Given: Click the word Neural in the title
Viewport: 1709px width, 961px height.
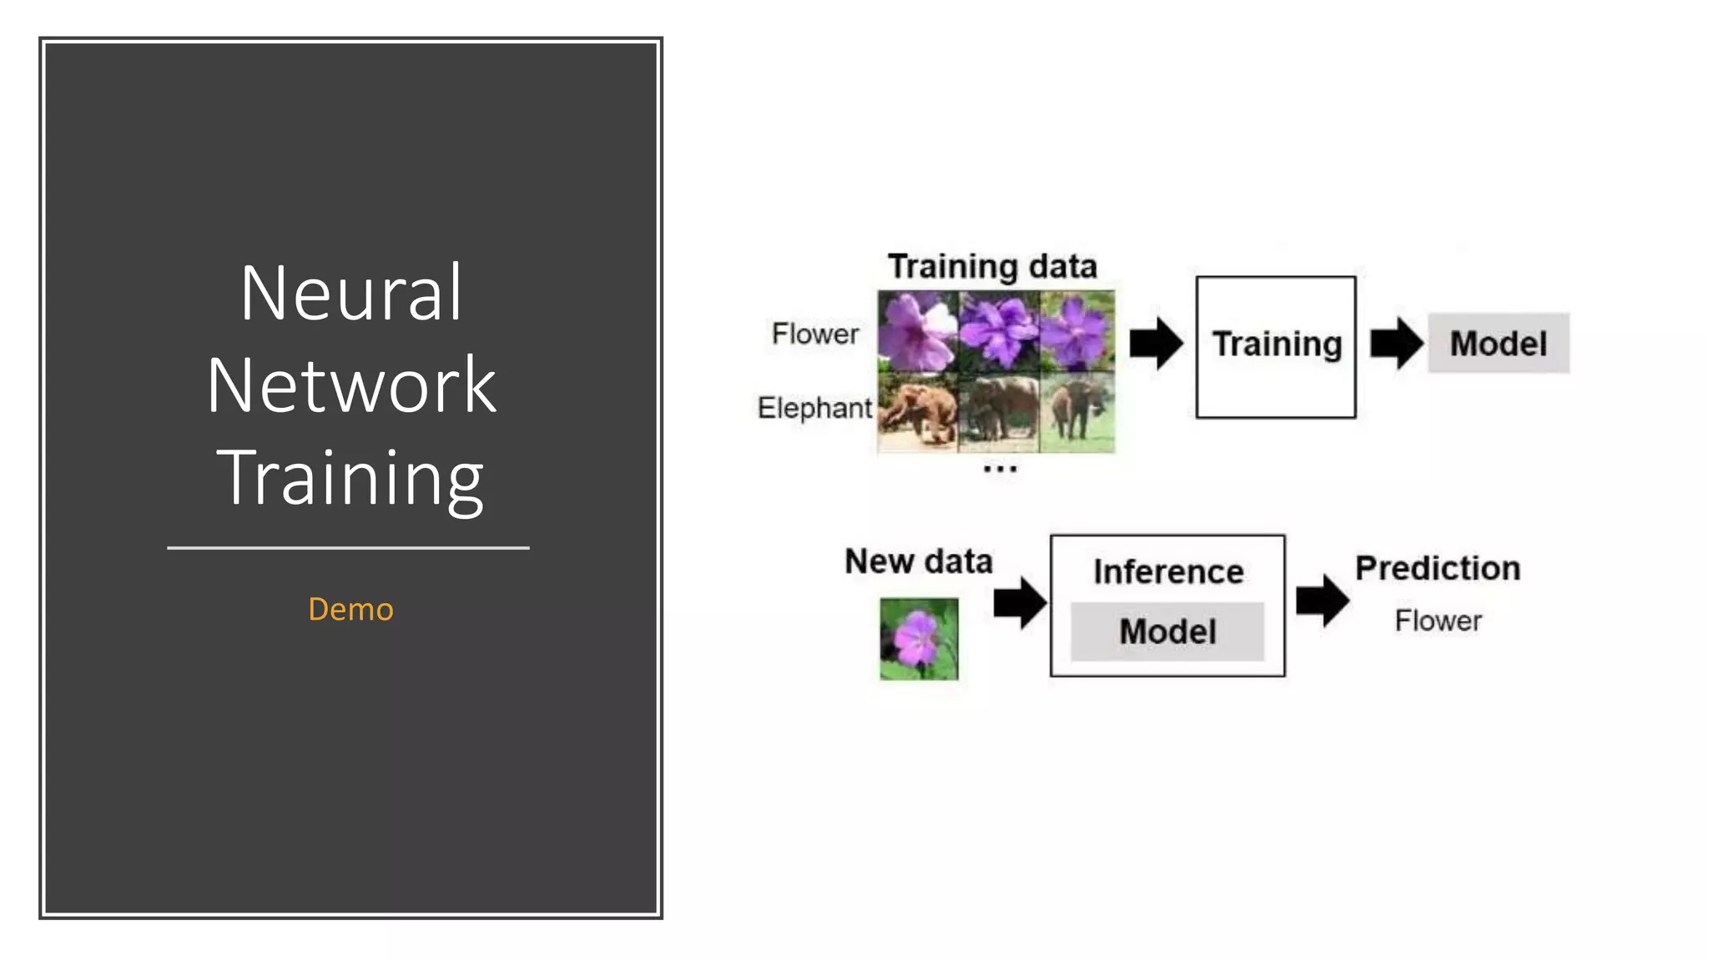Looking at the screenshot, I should click(350, 293).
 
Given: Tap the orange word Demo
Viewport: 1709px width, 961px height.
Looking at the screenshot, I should click(350, 609).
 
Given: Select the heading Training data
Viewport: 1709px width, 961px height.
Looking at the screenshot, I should click(991, 267).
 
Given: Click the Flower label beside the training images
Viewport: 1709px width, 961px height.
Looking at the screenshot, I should click(814, 334).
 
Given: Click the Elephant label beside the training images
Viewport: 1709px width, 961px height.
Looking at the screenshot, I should click(814, 408).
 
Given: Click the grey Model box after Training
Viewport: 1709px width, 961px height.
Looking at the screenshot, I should click(1498, 344).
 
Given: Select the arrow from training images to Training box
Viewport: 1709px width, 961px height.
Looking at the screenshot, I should click(1156, 343).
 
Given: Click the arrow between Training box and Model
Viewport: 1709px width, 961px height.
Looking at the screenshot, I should click(1396, 343).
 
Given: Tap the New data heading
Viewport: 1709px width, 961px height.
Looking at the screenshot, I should click(918, 561).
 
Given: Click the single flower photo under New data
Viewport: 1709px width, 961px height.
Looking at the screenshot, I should click(919, 639).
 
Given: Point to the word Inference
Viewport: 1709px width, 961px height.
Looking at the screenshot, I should click(1168, 572).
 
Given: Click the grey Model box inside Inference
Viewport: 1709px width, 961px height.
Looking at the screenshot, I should click(1167, 631).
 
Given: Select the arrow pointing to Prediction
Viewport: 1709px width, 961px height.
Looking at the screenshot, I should click(1322, 600).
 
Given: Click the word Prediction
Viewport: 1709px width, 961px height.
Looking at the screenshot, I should click(1437, 568).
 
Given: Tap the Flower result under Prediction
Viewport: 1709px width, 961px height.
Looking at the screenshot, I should click(1438, 621).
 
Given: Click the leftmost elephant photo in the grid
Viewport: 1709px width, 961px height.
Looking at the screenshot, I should click(917, 412).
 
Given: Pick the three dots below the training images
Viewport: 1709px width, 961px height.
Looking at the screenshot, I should click(1000, 470).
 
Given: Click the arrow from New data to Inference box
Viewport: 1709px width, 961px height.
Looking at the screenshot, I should click(1020, 601).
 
